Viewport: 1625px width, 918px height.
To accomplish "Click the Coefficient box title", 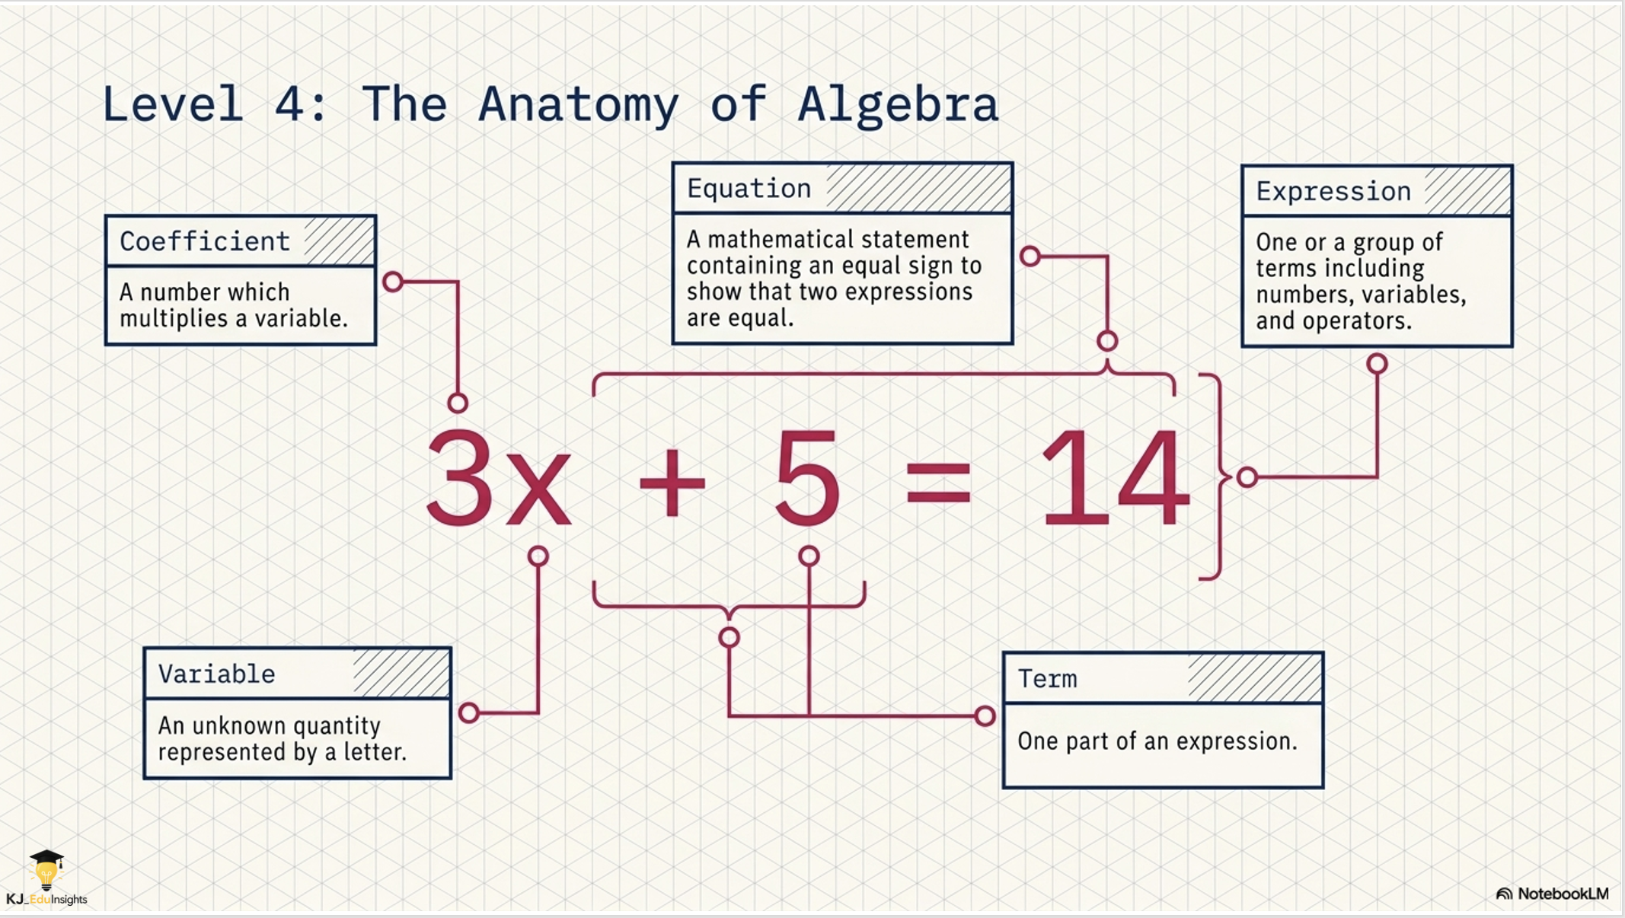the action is coord(205,241).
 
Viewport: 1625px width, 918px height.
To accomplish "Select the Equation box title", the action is coord(749,189).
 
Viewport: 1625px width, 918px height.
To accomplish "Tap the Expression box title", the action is coord(1333,191).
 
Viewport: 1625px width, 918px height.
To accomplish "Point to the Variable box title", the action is coord(216,674).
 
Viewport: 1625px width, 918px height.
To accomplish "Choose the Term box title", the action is coord(1047,678).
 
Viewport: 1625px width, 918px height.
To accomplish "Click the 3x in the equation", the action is coord(499,477).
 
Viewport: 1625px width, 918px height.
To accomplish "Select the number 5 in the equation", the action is coord(807,477).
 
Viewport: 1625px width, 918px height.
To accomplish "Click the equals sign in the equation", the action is coord(939,483).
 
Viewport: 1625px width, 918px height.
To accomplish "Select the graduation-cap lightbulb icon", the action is coord(46,870).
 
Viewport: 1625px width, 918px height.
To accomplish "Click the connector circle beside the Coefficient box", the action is coord(393,282).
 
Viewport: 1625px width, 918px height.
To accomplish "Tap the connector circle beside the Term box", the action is coord(985,716).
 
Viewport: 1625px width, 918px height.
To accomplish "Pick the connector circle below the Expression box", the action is coord(1377,364).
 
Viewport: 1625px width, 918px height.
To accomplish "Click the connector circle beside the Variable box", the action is coord(469,713).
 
